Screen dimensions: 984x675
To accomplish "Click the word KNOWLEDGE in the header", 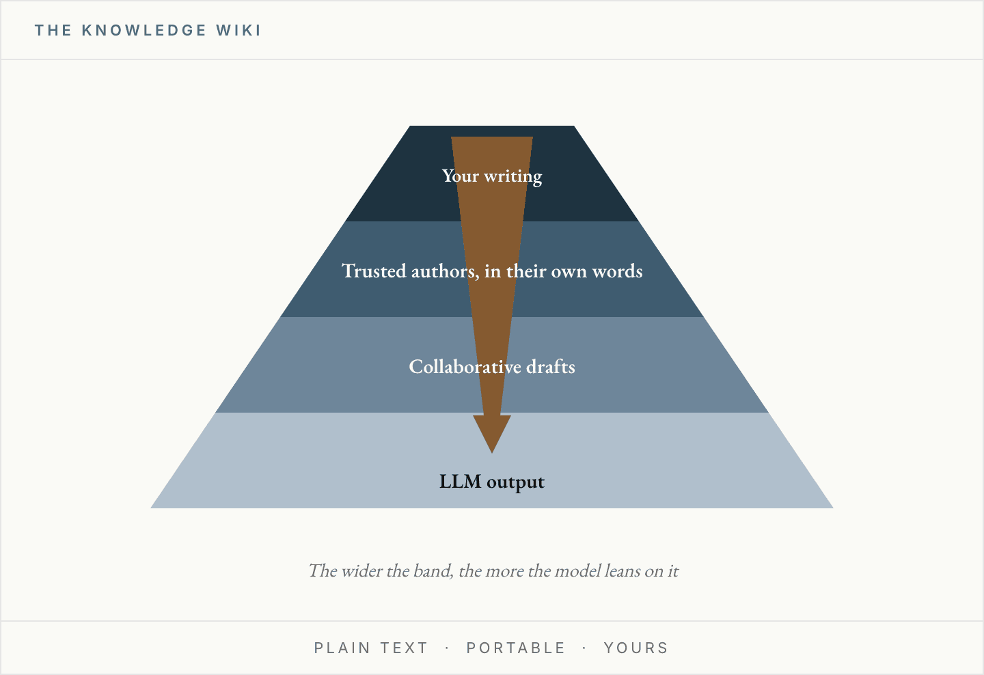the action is (x=144, y=30).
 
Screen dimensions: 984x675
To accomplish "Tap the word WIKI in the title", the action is (x=238, y=30).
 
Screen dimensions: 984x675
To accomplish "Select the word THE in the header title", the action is (x=53, y=30).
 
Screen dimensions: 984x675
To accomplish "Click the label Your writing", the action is (x=492, y=176).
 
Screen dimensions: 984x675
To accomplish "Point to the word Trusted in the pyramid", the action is (x=374, y=271).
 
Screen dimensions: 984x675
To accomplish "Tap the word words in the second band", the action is (x=617, y=271).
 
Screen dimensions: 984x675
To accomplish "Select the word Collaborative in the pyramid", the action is (x=465, y=366).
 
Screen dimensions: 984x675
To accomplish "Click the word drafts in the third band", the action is (x=551, y=366).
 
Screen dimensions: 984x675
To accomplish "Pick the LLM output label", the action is (x=492, y=482).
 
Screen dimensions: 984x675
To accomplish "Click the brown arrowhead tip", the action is (x=492, y=453).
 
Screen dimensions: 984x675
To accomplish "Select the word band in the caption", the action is (x=433, y=571).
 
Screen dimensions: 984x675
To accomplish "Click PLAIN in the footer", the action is (x=342, y=648).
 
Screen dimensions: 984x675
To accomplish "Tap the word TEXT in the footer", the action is (x=404, y=648).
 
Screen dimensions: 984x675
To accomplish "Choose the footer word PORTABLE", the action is (x=516, y=648).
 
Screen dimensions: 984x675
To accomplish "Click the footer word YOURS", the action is (x=635, y=648).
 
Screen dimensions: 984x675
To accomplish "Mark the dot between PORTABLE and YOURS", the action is (x=584, y=648).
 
